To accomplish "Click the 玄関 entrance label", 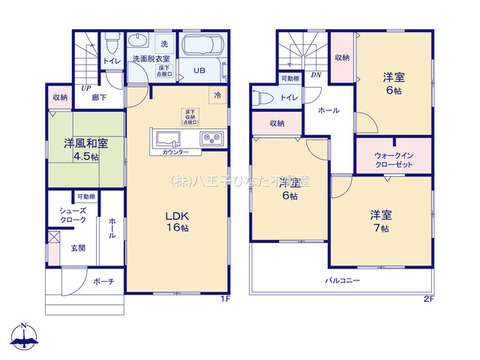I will (77, 247).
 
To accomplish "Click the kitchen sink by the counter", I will (167, 139).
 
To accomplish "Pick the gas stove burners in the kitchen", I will (209, 139).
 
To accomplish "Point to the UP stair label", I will (86, 88).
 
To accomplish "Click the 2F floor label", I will (428, 299).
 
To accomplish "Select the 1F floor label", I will (224, 299).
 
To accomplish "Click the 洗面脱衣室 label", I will (151, 58).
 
